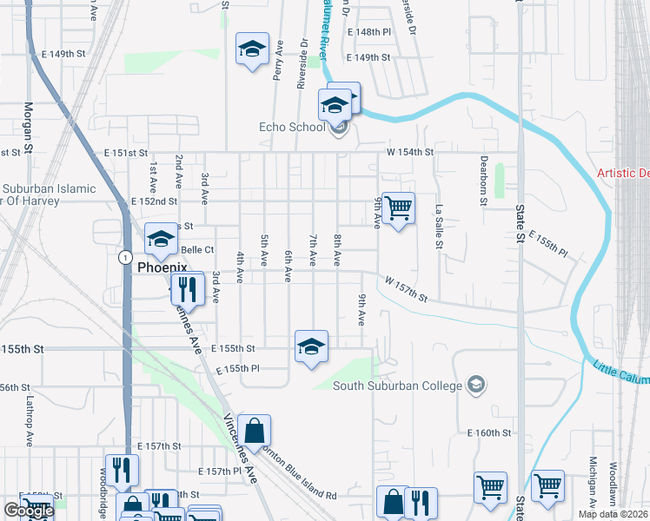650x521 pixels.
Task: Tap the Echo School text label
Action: coord(292,128)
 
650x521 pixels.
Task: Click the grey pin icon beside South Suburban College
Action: coord(475,384)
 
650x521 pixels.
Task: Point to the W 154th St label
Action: coord(410,152)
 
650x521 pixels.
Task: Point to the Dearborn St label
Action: coord(484,181)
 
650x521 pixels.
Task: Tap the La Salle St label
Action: coord(440,227)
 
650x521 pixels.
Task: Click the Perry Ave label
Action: coord(279,60)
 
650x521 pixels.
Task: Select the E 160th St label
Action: coord(490,432)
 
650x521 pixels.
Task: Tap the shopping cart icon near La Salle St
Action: coord(398,208)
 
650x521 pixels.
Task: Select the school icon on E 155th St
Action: coord(311,347)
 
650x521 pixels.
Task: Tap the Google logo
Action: coord(29,511)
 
